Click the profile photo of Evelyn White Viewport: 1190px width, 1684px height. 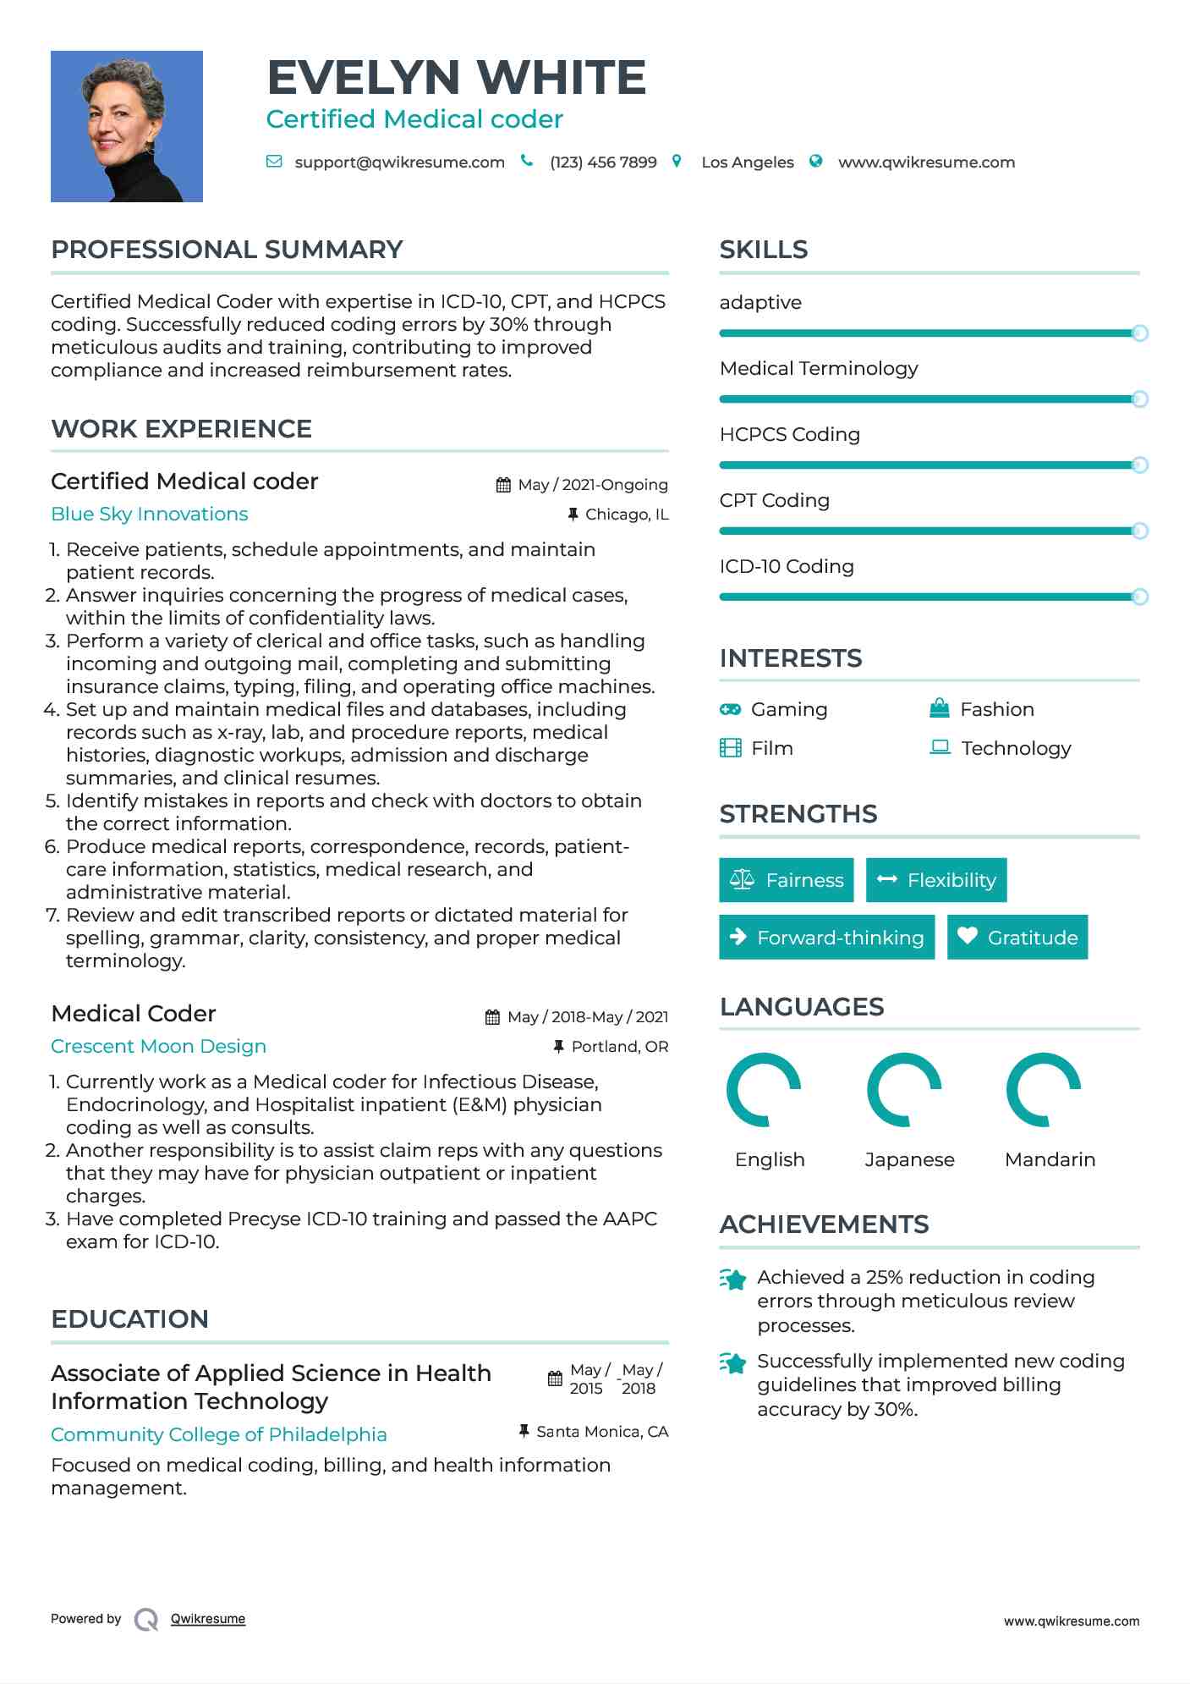point(127,126)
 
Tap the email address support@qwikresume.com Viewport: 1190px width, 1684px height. point(399,162)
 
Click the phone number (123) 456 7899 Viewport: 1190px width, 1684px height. point(603,162)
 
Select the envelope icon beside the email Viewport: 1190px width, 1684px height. point(274,162)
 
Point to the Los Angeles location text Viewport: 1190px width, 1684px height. point(748,162)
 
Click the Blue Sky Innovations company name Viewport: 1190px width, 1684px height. point(150,515)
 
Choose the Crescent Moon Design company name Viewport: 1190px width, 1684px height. point(158,1047)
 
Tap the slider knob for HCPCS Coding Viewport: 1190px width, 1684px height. point(1139,465)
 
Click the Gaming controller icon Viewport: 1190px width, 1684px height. point(730,709)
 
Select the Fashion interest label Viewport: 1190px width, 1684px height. point(996,709)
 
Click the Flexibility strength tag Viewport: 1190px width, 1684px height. point(936,880)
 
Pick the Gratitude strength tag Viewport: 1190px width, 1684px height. point(1017,938)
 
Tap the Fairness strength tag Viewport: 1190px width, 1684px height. point(787,880)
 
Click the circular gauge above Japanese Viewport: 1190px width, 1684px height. point(904,1090)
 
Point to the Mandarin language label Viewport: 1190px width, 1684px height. point(1050,1159)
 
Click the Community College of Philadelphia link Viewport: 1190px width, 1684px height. point(219,1435)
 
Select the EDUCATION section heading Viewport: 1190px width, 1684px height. point(129,1319)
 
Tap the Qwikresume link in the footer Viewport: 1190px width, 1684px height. point(208,1619)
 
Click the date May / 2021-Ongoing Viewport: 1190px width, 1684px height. point(592,485)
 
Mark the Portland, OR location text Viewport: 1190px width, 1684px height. point(619,1047)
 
